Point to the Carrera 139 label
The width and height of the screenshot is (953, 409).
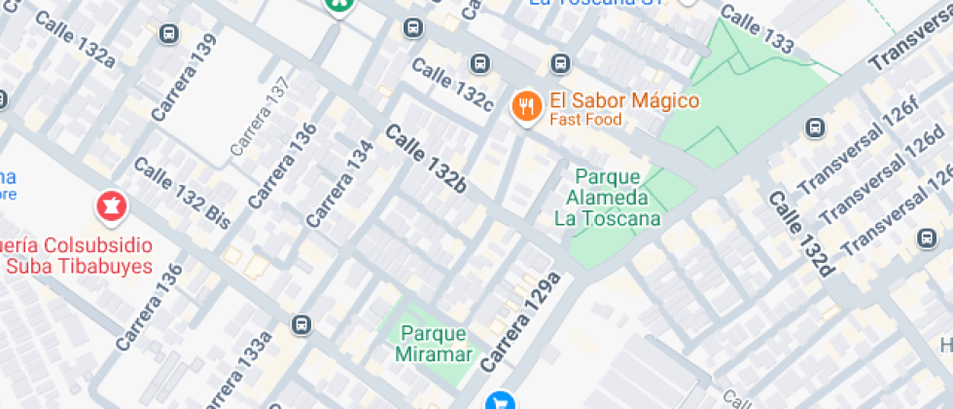pos(185,84)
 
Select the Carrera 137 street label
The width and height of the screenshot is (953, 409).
pos(261,117)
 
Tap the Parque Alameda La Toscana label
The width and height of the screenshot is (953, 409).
pos(608,197)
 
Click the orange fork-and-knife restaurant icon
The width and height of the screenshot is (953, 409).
pos(526,104)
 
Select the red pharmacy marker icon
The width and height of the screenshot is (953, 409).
pos(109,205)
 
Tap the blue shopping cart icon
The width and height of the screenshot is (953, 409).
pos(500,400)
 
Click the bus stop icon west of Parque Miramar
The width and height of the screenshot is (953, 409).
pos(302,324)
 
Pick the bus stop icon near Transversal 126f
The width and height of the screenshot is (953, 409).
pos(815,128)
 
